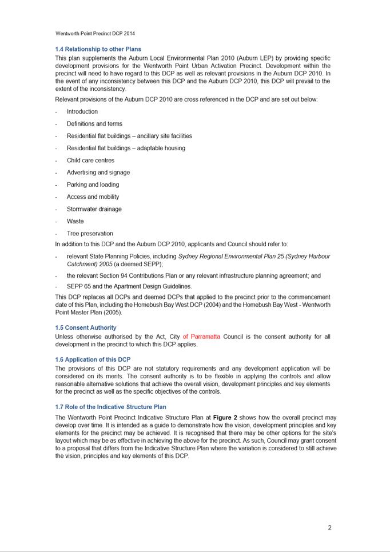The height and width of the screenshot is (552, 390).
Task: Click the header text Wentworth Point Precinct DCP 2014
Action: click(x=95, y=34)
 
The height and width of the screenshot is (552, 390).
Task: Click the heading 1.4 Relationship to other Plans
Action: click(x=98, y=49)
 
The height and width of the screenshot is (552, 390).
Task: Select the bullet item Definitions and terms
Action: click(x=94, y=123)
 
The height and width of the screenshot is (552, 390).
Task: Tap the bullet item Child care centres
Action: click(x=90, y=160)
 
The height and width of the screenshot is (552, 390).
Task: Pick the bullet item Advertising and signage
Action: click(x=98, y=172)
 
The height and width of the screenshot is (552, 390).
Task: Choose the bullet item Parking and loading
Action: click(x=93, y=185)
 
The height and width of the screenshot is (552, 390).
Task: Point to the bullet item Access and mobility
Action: click(x=93, y=197)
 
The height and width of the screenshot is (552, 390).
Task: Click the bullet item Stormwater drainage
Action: click(x=94, y=209)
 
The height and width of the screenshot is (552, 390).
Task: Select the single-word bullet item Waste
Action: click(x=75, y=221)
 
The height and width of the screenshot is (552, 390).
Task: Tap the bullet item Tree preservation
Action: click(x=90, y=233)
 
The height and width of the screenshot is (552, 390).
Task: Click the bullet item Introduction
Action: click(x=82, y=111)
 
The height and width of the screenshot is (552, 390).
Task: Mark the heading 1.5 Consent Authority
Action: click(x=85, y=327)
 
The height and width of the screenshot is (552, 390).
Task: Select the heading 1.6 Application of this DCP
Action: click(x=93, y=359)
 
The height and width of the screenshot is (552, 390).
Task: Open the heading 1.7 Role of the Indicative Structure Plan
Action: click(x=110, y=407)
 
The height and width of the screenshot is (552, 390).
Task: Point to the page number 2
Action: click(x=329, y=527)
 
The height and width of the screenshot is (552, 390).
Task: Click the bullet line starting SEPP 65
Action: click(x=129, y=286)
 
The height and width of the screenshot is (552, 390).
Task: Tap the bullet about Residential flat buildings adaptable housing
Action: click(x=126, y=148)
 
